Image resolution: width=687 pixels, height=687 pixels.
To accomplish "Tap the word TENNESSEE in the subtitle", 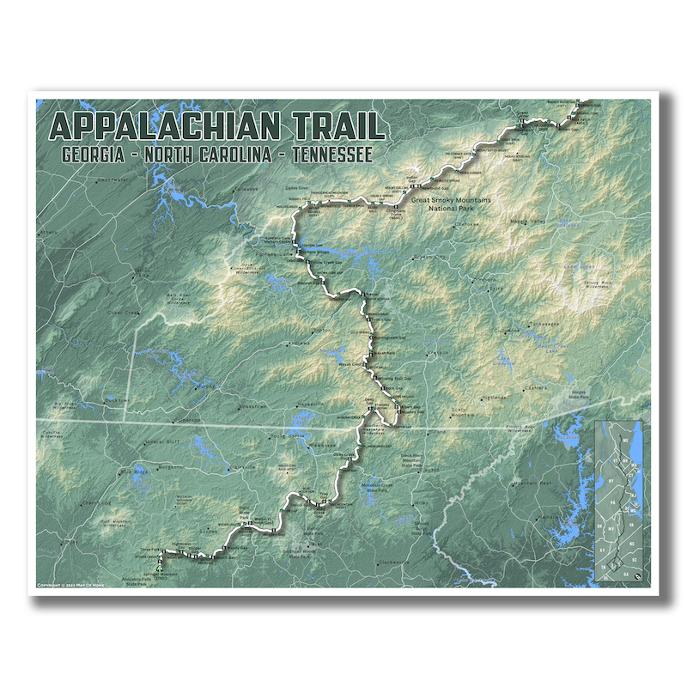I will (x=331, y=155).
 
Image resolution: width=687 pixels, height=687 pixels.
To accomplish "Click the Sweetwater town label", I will (x=112, y=180).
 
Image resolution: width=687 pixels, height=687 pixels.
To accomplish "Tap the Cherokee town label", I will (x=466, y=225).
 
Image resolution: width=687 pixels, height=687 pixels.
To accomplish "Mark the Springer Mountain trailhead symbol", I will (x=161, y=569).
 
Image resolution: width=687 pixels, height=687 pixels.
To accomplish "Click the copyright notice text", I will (x=77, y=586).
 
